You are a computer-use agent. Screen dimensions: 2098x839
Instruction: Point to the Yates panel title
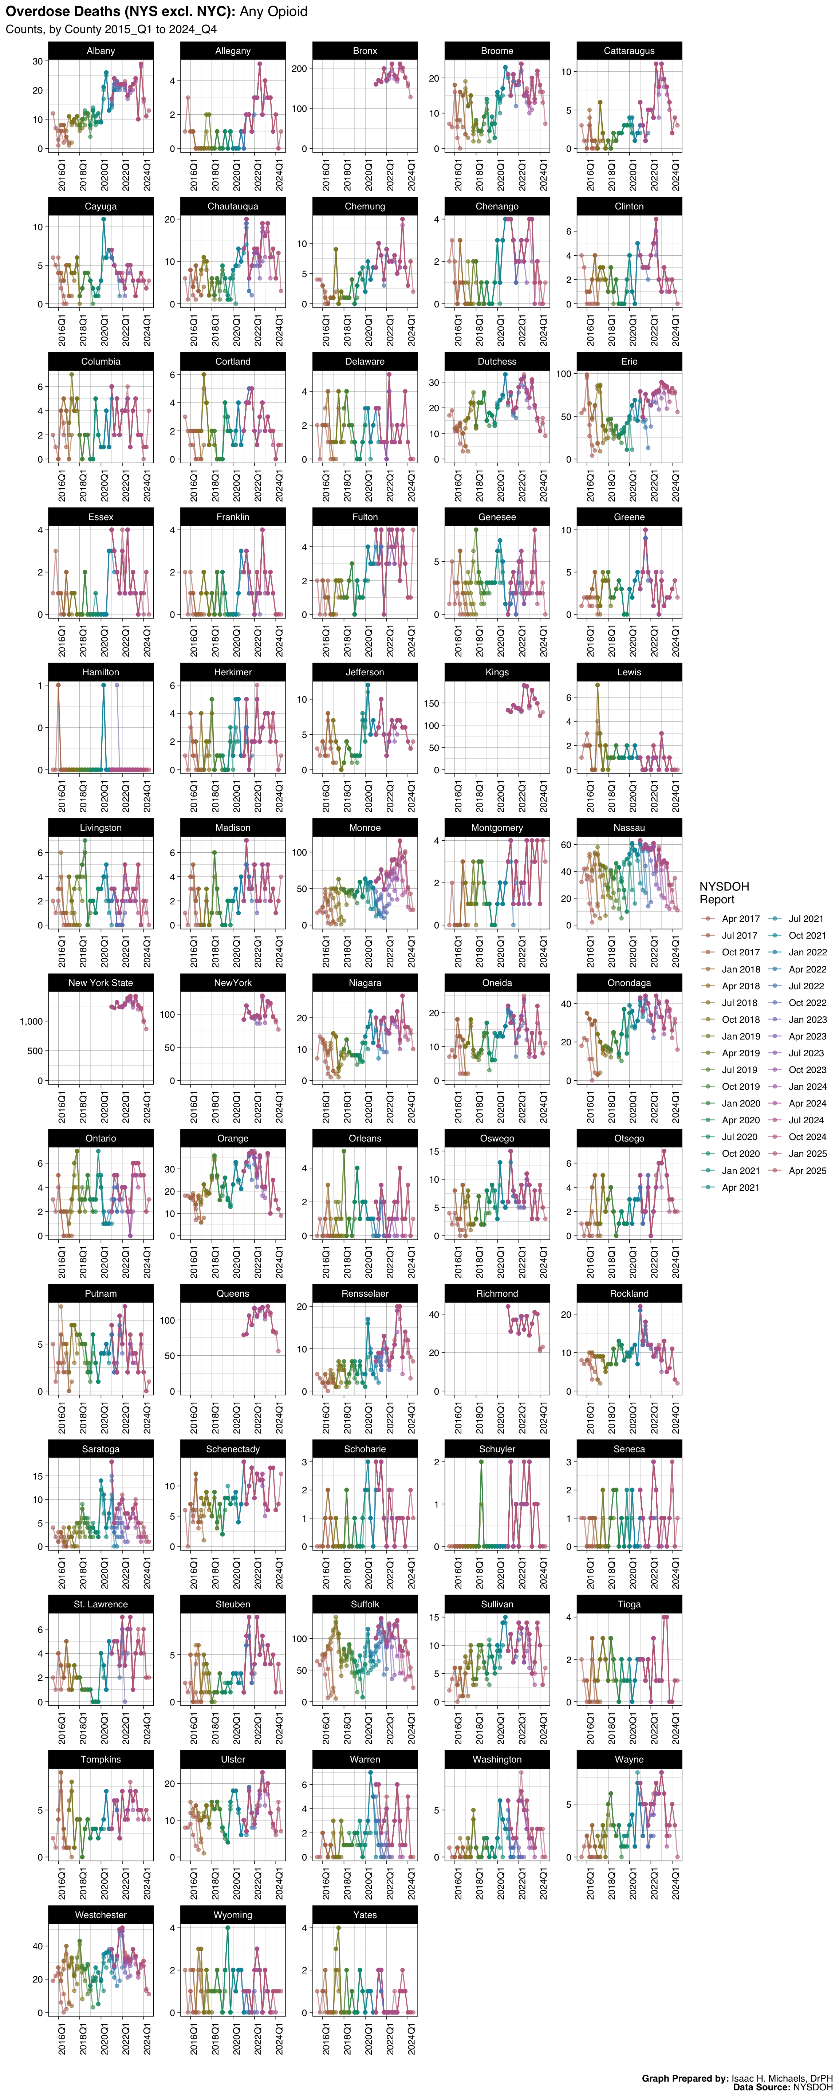pos(365,1915)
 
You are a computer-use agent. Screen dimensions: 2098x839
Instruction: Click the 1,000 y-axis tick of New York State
pos(31,1021)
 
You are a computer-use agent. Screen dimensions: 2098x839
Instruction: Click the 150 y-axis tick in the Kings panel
pos(432,704)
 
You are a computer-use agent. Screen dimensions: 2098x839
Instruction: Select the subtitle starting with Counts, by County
pos(111,29)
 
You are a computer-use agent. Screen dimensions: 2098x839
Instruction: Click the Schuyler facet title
pos(497,1449)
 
